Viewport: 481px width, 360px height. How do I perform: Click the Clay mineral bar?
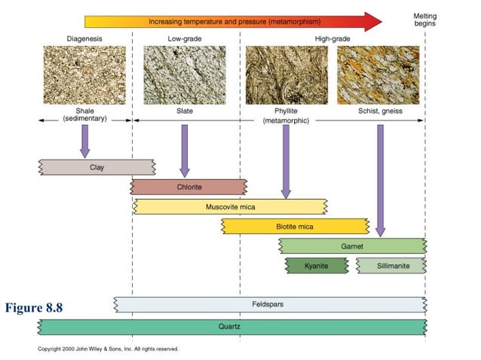click(x=97, y=166)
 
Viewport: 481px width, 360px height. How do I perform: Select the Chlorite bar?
click(x=188, y=187)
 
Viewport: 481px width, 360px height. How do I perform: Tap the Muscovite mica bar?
click(x=230, y=206)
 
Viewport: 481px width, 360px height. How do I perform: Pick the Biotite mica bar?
click(x=295, y=226)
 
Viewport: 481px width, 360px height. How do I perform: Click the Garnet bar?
click(x=352, y=246)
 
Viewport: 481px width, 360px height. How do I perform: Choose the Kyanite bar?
click(x=316, y=265)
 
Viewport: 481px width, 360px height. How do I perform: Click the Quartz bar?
click(x=231, y=326)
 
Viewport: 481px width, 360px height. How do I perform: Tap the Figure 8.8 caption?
click(x=33, y=307)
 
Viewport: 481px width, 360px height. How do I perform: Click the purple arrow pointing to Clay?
click(x=85, y=141)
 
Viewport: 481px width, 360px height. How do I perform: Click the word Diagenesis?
click(x=84, y=38)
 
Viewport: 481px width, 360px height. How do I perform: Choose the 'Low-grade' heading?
click(x=184, y=38)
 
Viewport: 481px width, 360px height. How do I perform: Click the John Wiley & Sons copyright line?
click(x=108, y=349)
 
